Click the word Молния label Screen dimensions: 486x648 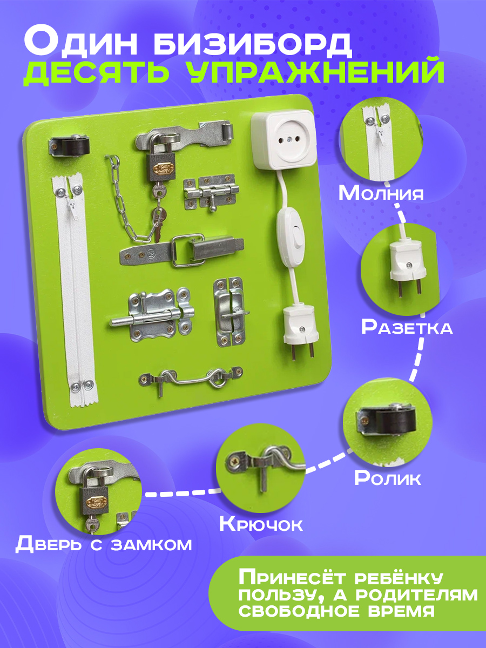381,193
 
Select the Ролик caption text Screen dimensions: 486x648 387,478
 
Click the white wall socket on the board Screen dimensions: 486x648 282,140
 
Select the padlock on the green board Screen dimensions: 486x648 161,163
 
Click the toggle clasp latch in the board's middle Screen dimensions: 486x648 182,250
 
